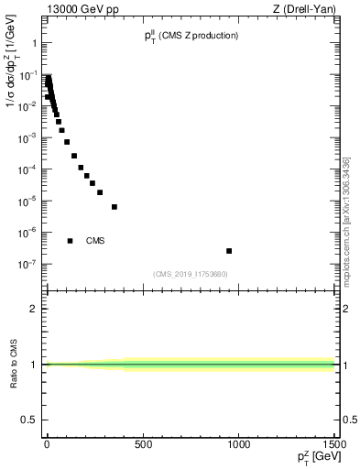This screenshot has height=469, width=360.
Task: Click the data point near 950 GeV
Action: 229,250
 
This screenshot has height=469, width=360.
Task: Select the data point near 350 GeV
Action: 115,207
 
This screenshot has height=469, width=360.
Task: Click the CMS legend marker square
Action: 70,241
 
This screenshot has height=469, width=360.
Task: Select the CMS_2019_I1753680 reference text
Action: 190,273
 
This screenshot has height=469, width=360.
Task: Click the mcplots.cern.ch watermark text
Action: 346,220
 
